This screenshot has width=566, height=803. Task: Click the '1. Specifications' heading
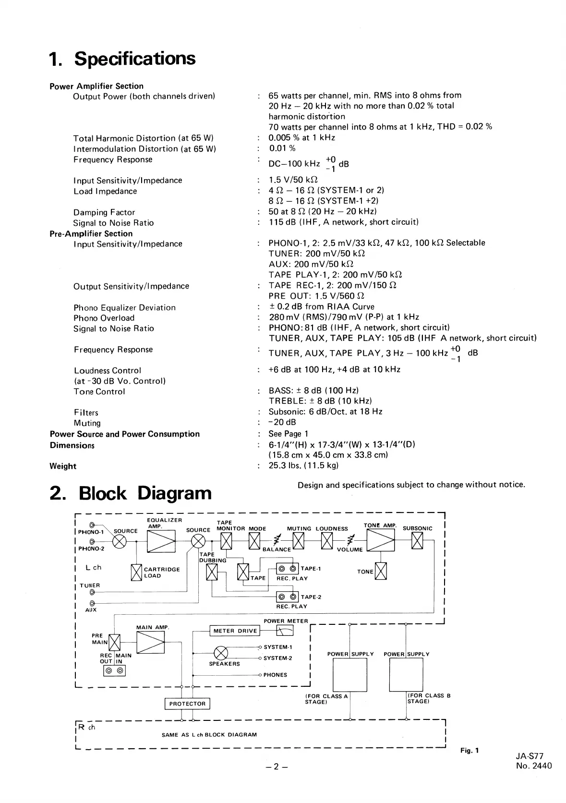[x=122, y=59]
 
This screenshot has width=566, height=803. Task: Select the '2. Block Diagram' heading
[x=130, y=493]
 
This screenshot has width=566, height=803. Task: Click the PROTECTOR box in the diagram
[x=187, y=704]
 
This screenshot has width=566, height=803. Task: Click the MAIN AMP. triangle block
[x=151, y=642]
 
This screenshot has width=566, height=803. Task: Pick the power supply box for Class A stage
[x=350, y=674]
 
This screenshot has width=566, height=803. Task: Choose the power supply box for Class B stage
[x=406, y=674]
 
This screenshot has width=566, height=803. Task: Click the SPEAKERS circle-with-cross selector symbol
[x=220, y=653]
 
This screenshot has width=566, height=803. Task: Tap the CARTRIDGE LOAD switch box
[x=136, y=572]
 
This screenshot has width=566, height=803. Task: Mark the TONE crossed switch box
[x=381, y=571]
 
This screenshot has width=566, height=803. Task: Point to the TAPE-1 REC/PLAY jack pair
[x=287, y=569]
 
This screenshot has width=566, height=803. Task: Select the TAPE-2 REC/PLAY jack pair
[x=287, y=597]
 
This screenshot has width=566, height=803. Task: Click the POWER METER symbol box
[x=285, y=631]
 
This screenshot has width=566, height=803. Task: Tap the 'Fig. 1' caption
[x=470, y=750]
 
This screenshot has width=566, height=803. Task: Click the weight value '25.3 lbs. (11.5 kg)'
[x=303, y=465]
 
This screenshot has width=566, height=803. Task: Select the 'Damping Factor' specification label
[x=104, y=212]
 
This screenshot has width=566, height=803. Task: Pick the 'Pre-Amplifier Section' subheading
[x=91, y=233]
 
